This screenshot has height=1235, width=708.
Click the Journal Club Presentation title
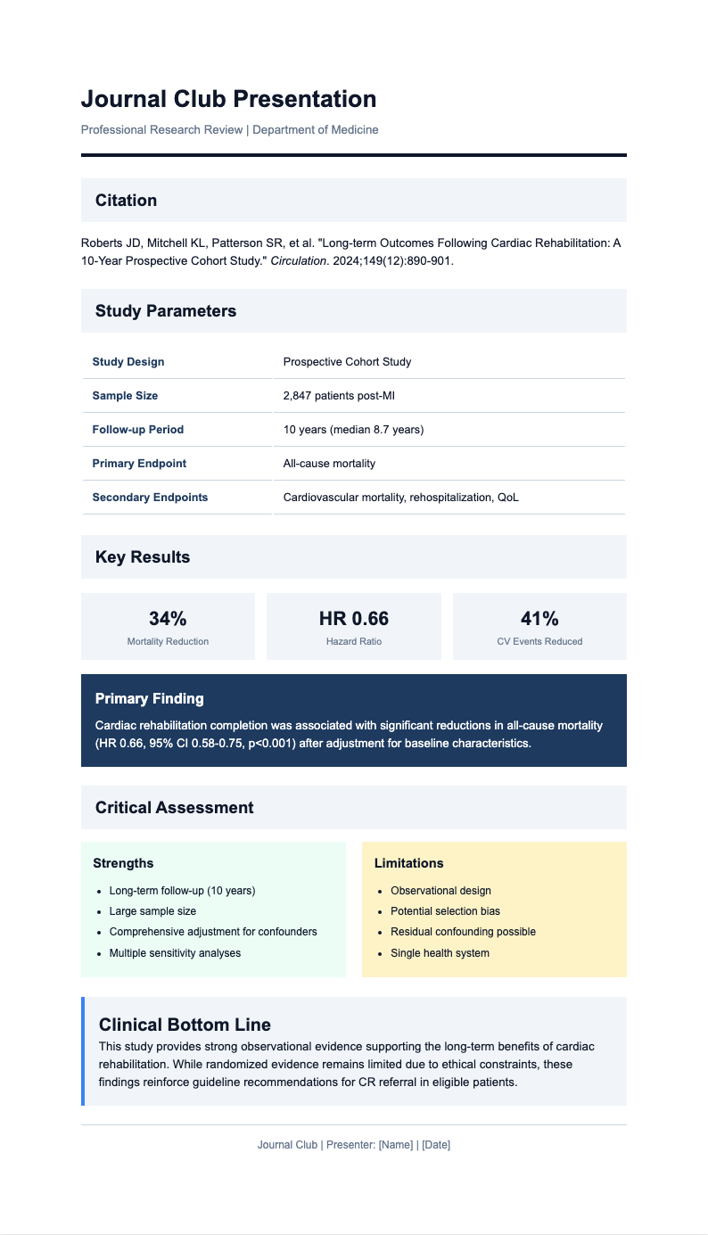coord(228,99)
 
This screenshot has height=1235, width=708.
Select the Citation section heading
coord(126,201)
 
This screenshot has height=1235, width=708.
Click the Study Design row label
coord(128,362)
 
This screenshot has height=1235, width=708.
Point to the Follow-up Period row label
coord(137,430)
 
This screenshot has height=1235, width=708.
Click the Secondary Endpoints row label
coord(150,498)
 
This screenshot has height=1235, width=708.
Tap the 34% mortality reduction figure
coord(168,619)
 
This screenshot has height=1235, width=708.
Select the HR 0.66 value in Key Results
coord(354,619)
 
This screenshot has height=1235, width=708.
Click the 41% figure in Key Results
coord(539,619)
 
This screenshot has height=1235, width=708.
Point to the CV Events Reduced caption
coord(539,642)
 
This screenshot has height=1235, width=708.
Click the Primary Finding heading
coord(150,699)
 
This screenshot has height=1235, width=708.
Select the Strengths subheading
coord(123,863)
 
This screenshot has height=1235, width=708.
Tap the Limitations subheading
coord(408,863)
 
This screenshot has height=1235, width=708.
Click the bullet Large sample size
coord(152,911)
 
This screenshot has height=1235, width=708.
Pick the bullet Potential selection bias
coord(445,911)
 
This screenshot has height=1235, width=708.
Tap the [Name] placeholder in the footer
coord(396,1145)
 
